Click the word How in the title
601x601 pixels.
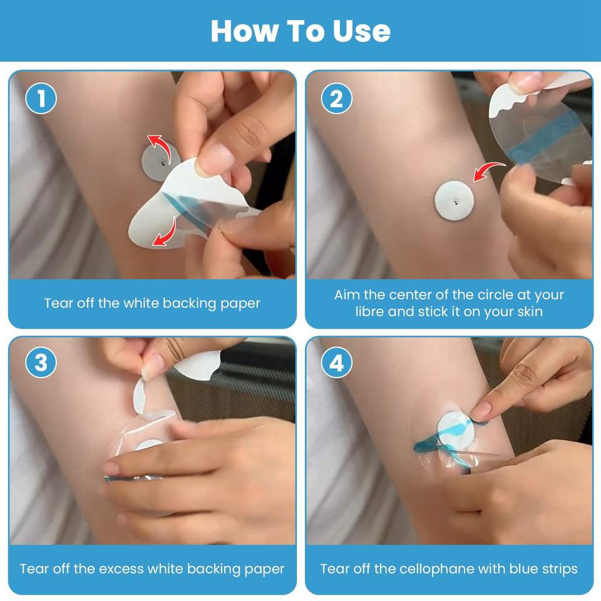pos(245,31)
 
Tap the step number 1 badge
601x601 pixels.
pos(41,98)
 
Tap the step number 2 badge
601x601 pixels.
pos(337,98)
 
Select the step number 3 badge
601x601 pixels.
pos(41,362)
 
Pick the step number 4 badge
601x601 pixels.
pos(337,362)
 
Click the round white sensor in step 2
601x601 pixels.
pos(455,200)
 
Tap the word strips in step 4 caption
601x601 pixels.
pos(560,569)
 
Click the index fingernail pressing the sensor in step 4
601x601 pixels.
pos(480,412)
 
